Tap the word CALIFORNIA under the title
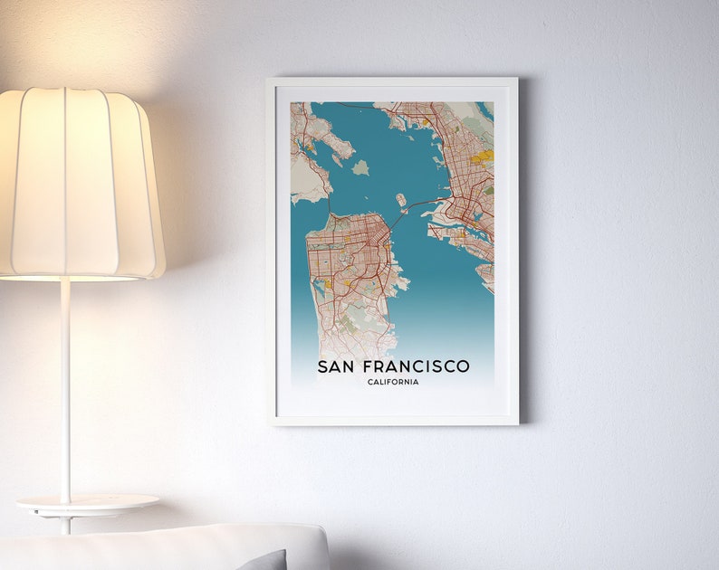(393, 382)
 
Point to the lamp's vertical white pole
(65, 389)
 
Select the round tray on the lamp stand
(87, 502)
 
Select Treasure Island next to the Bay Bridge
(400, 200)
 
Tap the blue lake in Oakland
(476, 216)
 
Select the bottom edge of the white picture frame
(393, 420)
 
